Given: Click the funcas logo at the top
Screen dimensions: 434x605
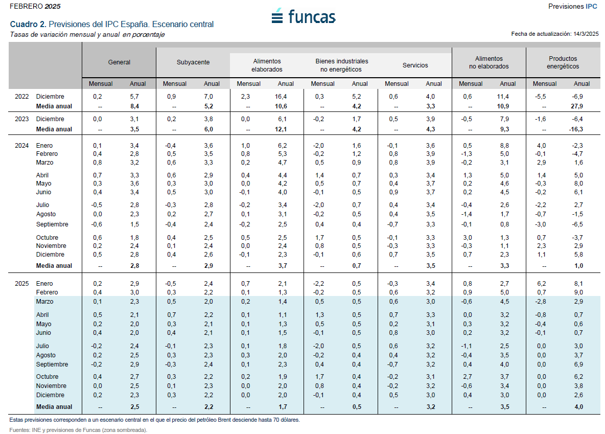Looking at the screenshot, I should pyautogui.click(x=304, y=16).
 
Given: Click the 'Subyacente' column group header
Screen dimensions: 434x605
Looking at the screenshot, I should pyautogui.click(x=193, y=62).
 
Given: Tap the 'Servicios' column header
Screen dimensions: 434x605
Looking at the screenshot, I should pyautogui.click(x=415, y=65).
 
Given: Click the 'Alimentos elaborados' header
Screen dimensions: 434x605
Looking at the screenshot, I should pyautogui.click(x=267, y=65).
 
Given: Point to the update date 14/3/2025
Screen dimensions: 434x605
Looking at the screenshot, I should pyautogui.click(x=586, y=34).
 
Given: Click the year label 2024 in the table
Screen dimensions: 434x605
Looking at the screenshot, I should pyautogui.click(x=21, y=146).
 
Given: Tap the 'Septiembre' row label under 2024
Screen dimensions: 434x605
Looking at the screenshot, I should pyautogui.click(x=52, y=224).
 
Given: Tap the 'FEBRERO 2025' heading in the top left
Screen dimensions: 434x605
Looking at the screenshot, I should pyautogui.click(x=34, y=6).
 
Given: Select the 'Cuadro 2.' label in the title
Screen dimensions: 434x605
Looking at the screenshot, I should pyautogui.click(x=28, y=24).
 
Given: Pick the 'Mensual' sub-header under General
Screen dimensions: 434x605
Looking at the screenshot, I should pyautogui.click(x=101, y=84).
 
